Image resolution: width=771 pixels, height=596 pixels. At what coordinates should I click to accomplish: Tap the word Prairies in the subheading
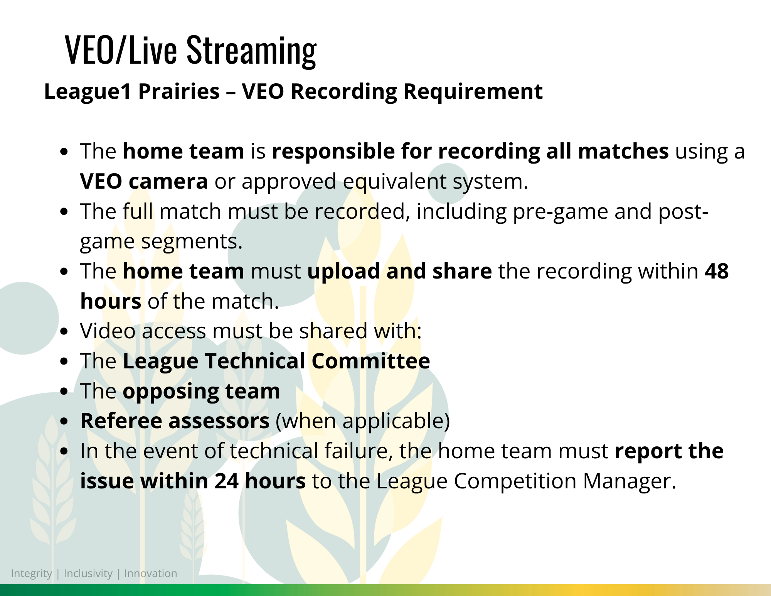coord(179,92)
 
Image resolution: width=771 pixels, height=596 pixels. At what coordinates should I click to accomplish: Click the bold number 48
coord(717,271)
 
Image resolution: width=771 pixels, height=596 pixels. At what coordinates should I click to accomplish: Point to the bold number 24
coord(227,481)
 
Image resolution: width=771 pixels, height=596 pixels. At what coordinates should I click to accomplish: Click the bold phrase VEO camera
coord(144,181)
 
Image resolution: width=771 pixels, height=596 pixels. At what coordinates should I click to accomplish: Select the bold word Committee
coord(371,361)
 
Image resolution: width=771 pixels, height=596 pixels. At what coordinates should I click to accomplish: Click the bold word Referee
coord(121,421)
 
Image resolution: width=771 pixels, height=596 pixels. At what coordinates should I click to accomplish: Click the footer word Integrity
coord(31,574)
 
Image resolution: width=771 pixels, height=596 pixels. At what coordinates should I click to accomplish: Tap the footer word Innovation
coord(151,573)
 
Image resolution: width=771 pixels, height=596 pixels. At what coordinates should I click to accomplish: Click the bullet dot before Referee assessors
coord(64,421)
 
